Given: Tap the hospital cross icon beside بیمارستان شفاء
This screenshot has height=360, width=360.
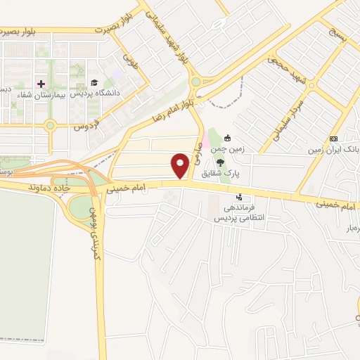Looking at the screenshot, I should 41,84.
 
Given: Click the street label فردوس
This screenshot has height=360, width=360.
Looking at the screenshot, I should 84,127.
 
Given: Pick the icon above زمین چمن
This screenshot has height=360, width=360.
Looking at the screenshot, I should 227,139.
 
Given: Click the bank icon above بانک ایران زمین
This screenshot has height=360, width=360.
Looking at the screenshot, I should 333,139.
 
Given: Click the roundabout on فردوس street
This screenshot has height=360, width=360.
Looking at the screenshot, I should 50,127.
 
